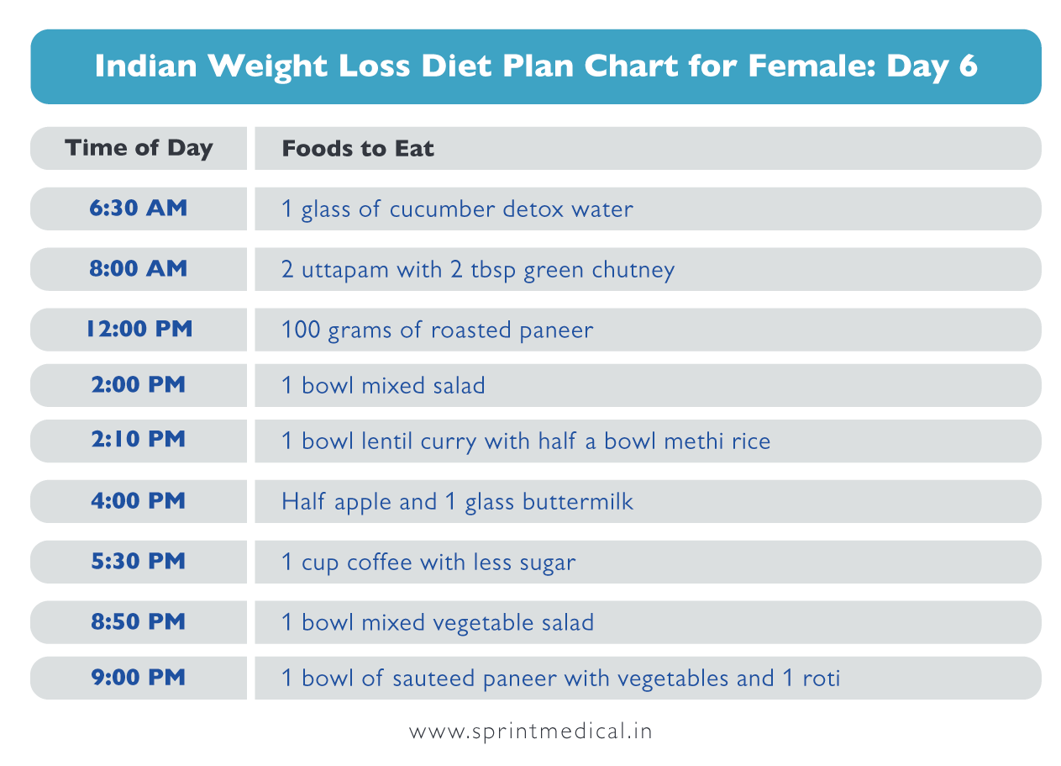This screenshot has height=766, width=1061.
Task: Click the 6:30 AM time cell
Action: tap(139, 209)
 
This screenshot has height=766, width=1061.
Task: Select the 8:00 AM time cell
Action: tap(139, 269)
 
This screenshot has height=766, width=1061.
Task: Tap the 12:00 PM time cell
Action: tap(139, 330)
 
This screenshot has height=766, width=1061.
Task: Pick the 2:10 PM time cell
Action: tap(139, 440)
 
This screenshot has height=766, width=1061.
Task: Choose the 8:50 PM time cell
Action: tap(139, 622)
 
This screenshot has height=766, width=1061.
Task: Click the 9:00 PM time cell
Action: tap(139, 678)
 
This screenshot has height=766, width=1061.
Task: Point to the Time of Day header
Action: tap(139, 149)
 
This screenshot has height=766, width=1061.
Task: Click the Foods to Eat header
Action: tap(358, 150)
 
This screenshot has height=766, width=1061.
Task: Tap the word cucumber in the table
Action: tap(442, 209)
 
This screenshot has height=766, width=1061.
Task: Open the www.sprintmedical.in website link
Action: tap(530, 732)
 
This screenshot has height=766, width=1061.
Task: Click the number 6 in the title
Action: tap(968, 67)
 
